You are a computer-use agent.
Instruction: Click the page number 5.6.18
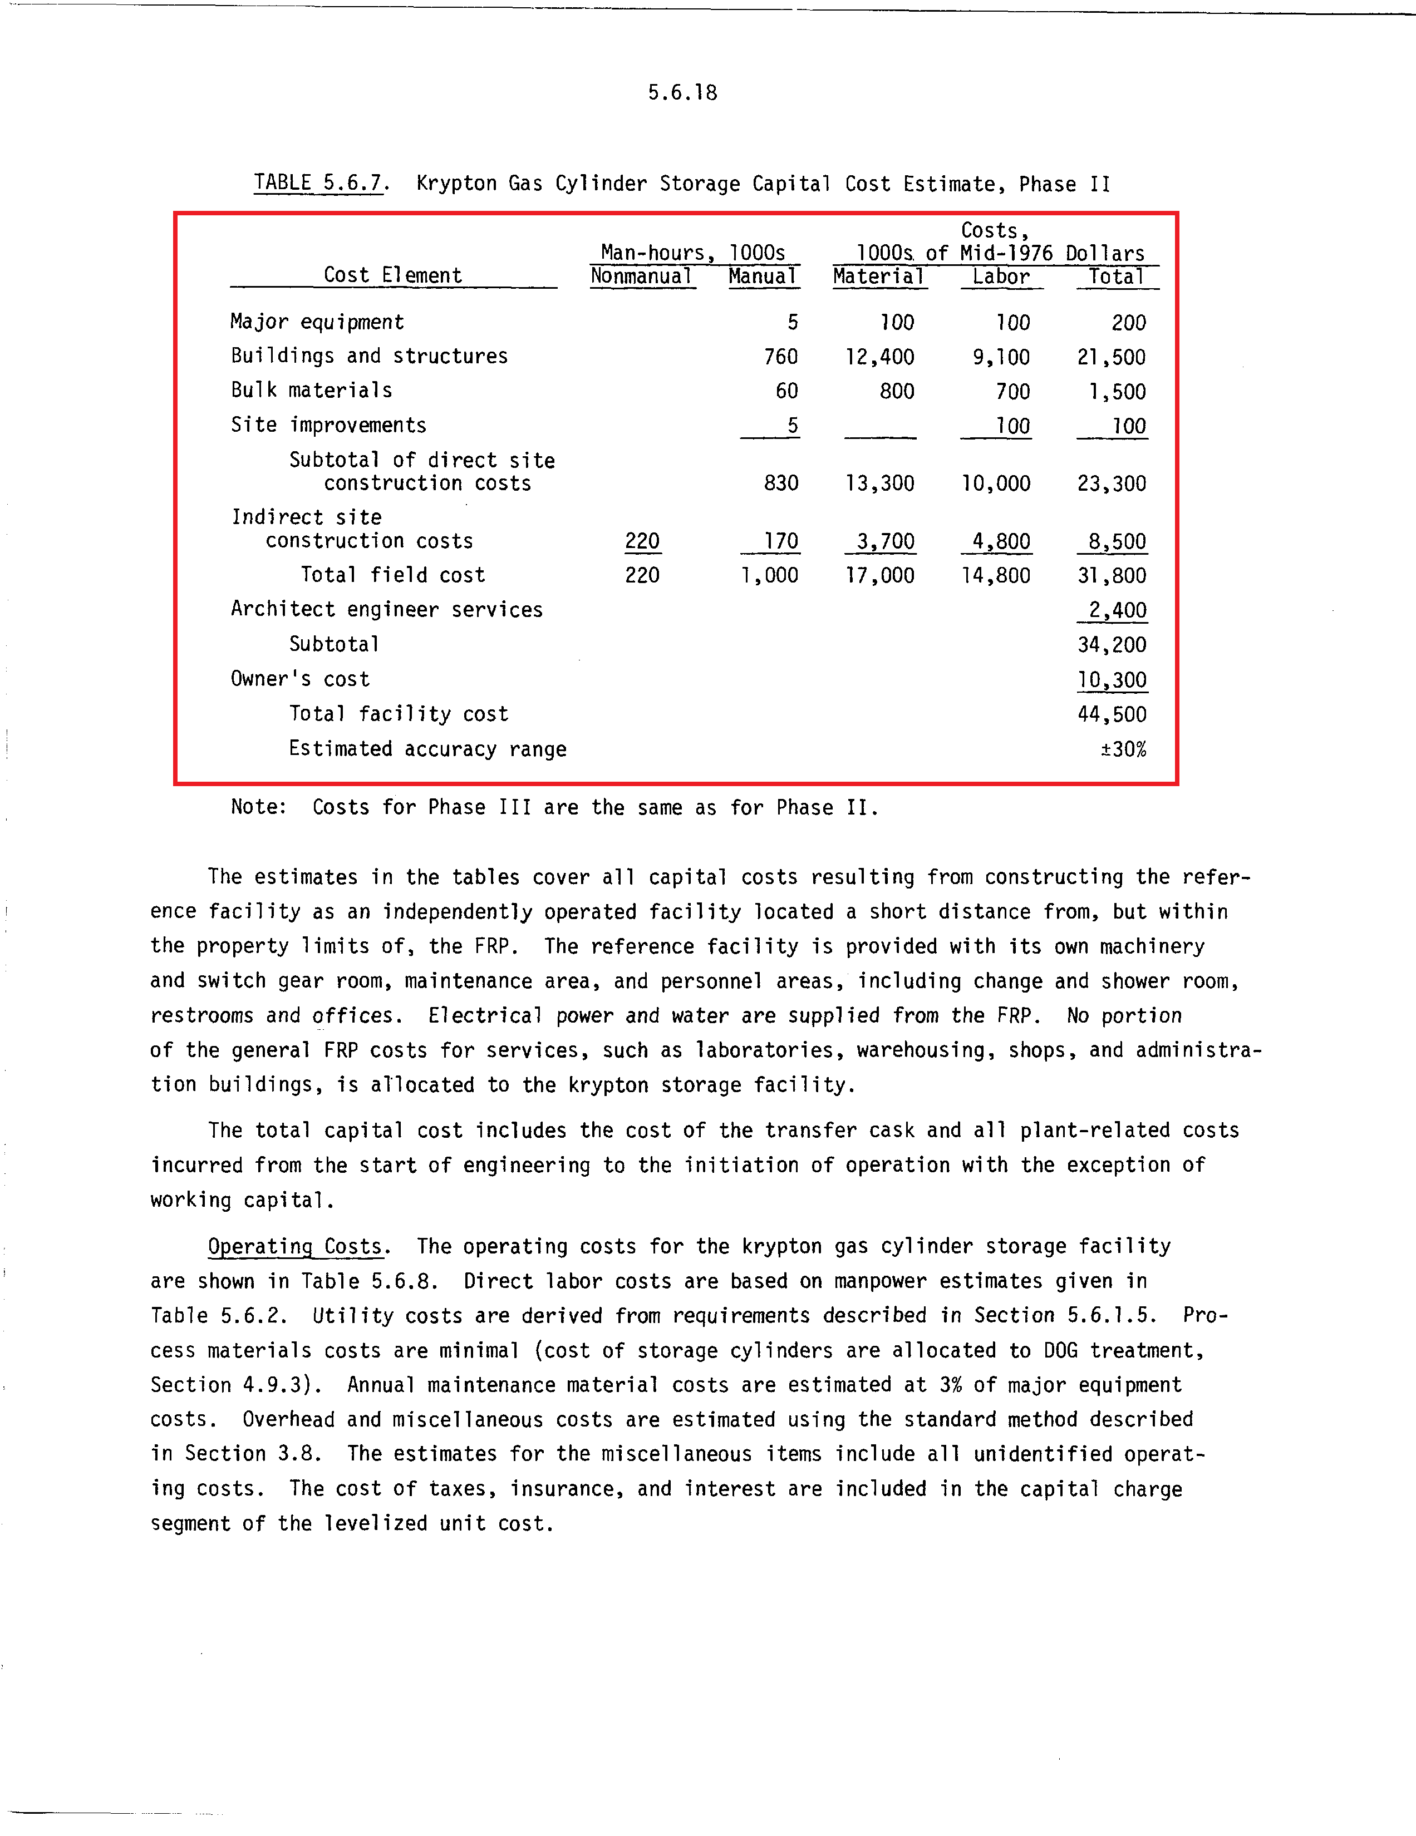(x=682, y=92)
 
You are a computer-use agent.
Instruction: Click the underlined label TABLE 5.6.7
(x=319, y=183)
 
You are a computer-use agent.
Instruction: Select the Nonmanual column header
(x=642, y=277)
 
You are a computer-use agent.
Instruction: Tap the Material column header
(x=879, y=277)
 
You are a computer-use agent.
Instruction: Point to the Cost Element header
(x=392, y=276)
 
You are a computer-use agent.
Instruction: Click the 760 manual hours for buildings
(x=780, y=357)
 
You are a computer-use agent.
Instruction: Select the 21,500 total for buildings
(x=1112, y=357)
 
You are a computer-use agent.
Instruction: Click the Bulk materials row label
(x=311, y=391)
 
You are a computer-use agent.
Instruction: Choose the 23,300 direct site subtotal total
(x=1112, y=483)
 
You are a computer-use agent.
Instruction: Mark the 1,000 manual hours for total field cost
(x=769, y=576)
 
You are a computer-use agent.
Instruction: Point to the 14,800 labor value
(x=996, y=576)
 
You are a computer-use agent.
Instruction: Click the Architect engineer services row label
(x=387, y=609)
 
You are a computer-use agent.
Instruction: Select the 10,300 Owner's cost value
(x=1112, y=679)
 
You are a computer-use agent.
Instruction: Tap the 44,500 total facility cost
(x=1112, y=714)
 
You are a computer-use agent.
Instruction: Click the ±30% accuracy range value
(x=1123, y=749)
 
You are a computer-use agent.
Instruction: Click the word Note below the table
(x=257, y=807)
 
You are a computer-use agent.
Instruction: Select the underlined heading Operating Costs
(x=295, y=1246)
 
